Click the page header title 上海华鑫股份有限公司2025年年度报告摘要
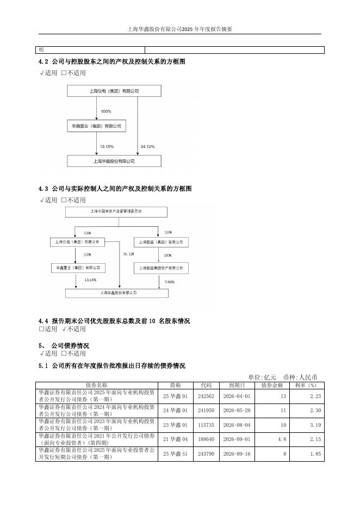[179, 29]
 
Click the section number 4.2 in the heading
[44, 62]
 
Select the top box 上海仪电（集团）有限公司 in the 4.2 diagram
[114, 91]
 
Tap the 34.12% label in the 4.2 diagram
[147, 147]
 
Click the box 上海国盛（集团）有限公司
[162, 242]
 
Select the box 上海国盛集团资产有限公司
[162, 268]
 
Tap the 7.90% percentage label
[169, 282]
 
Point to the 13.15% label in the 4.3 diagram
[90, 280]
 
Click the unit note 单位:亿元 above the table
[262, 377]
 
